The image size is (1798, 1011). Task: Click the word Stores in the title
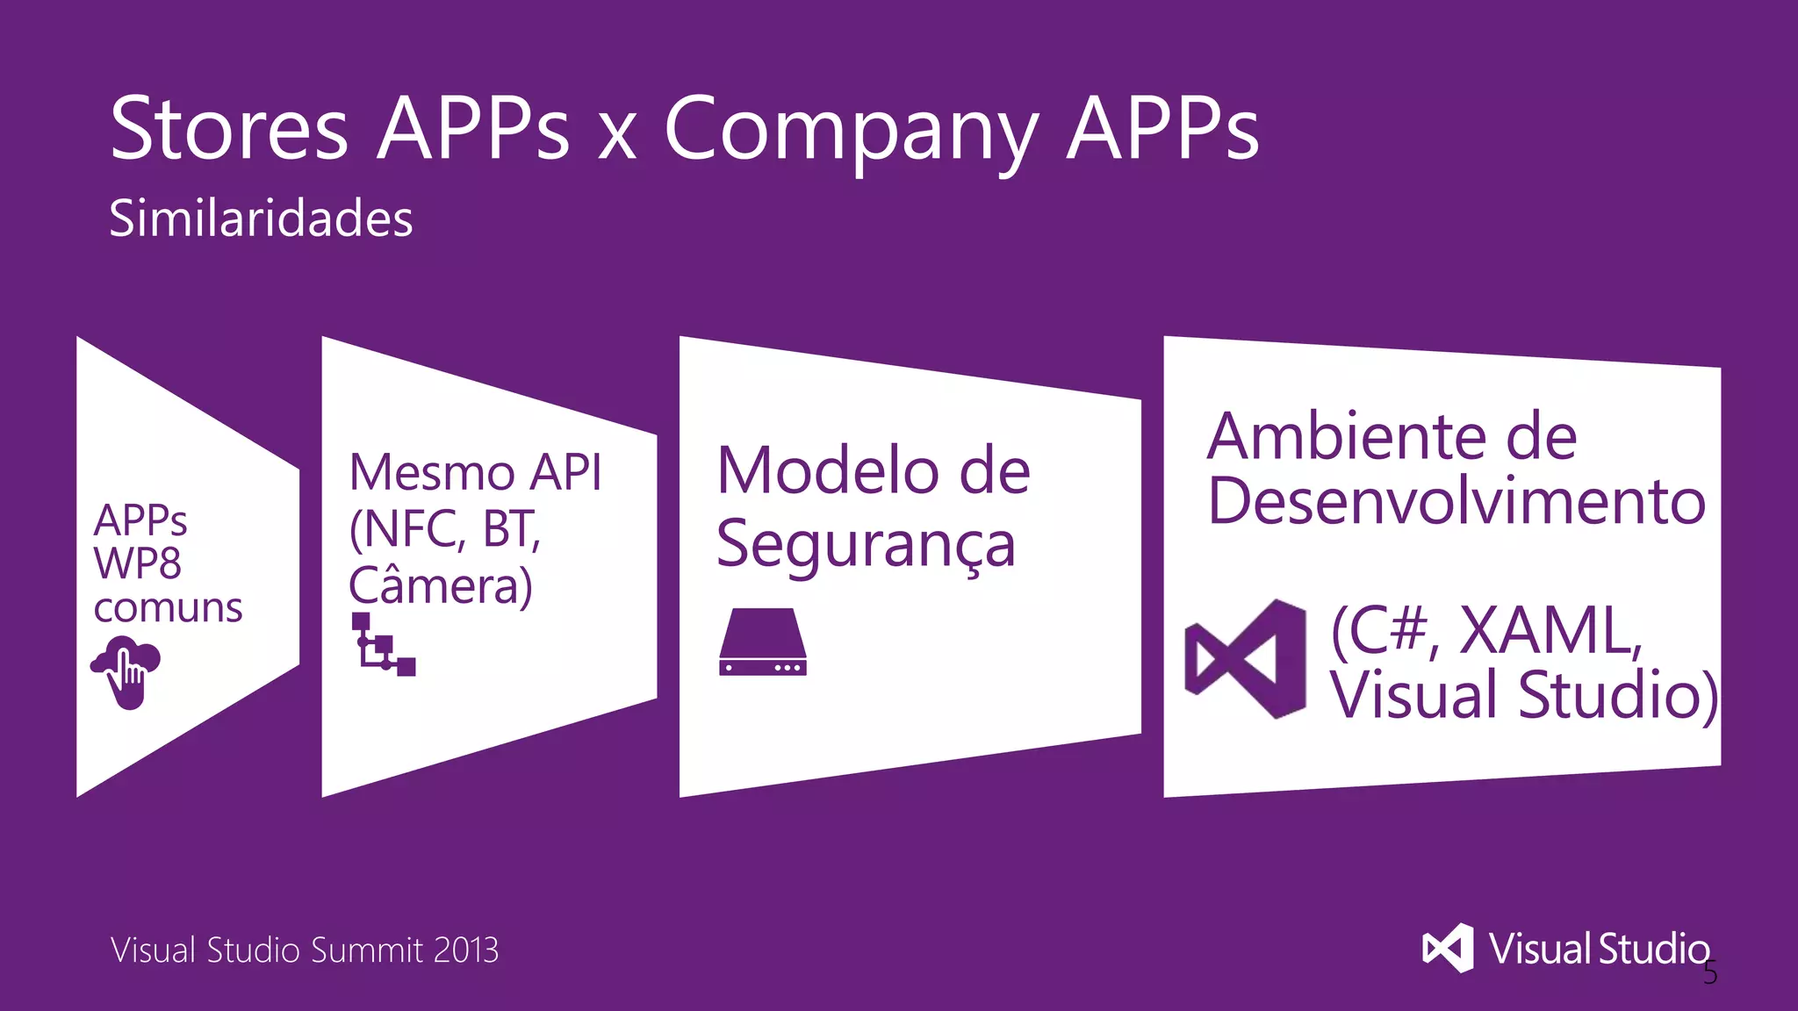coord(229,129)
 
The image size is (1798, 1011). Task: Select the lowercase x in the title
coord(616,139)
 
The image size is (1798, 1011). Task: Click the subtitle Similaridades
coord(261,219)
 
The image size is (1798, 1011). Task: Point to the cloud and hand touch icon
coord(126,672)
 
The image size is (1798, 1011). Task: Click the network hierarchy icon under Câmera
coord(383,645)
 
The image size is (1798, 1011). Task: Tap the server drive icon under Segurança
coord(762,642)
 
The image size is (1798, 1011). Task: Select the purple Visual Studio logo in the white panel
coord(1245,659)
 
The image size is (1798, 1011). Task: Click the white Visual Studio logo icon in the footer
coord(1448,949)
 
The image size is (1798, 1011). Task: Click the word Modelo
coord(827,471)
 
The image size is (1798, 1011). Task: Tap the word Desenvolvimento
coord(1456,501)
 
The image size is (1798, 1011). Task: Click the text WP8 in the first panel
coord(138,563)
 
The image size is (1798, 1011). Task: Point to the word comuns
coord(168,607)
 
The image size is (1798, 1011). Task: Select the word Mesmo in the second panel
coord(431,473)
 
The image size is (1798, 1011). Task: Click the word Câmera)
coord(441,586)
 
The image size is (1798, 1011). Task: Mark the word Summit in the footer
coord(366,950)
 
